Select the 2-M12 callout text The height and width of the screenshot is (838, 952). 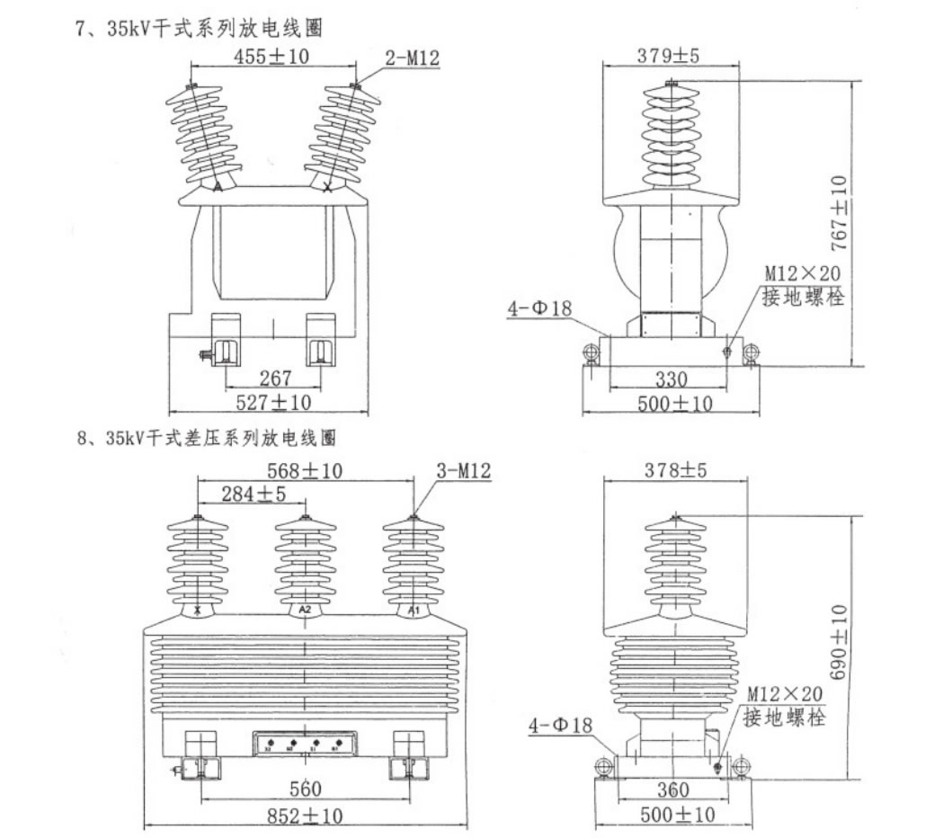412,58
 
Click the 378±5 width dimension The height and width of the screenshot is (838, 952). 672,469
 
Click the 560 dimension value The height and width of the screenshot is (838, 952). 305,789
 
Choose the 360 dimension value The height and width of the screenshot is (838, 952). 672,790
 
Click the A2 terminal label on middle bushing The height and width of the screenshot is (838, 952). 305,610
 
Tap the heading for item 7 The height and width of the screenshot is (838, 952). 199,28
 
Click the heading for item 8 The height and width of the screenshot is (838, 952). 206,440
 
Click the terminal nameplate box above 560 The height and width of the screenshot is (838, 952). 305,744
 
